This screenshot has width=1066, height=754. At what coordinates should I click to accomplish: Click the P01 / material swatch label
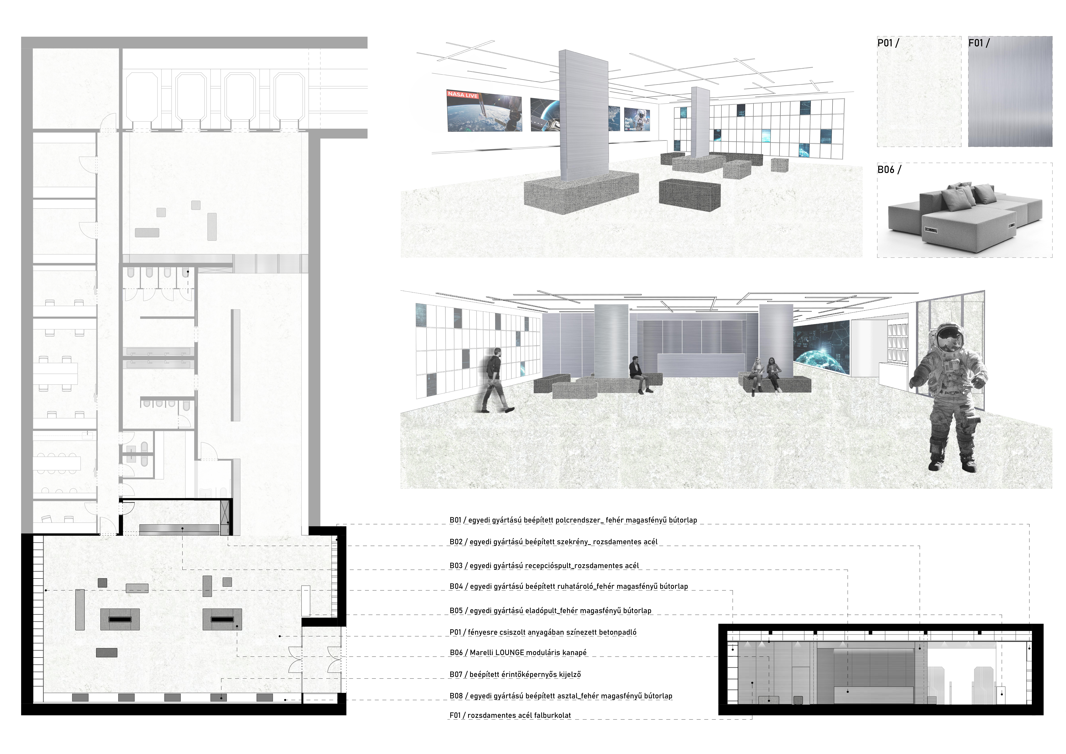[x=888, y=43]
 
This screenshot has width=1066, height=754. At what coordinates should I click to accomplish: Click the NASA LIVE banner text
[x=463, y=95]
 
